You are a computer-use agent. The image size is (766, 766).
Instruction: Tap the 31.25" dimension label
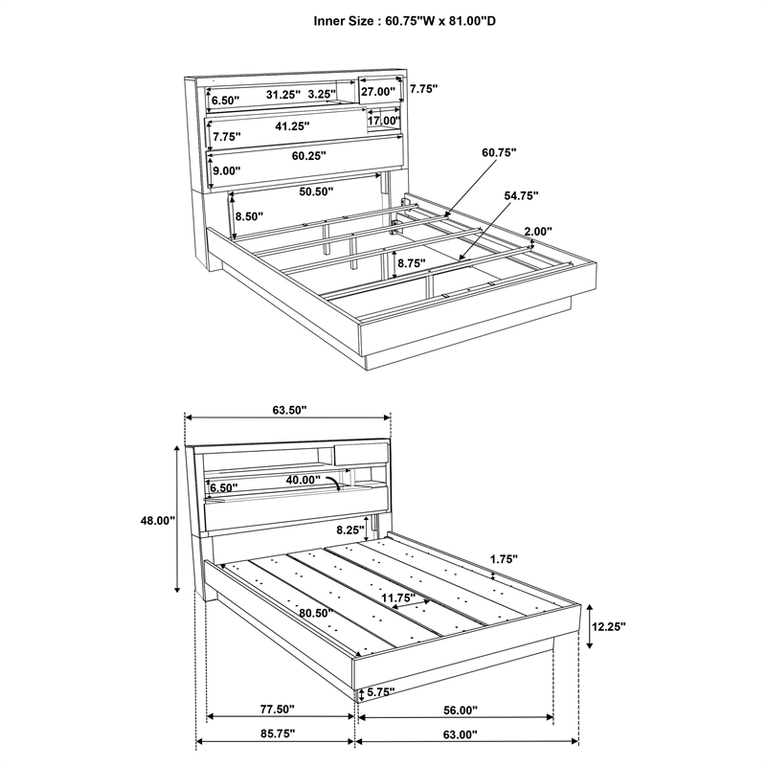[x=283, y=94]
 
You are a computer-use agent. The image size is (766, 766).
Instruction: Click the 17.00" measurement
[x=383, y=122]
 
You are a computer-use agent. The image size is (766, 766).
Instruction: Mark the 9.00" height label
[x=227, y=171]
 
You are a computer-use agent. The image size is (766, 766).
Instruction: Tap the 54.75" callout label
[x=522, y=195]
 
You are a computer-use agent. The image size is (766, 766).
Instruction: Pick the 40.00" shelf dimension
[x=304, y=480]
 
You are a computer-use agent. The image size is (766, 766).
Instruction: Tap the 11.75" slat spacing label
[x=399, y=598]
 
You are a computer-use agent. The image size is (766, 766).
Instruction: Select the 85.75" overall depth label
[x=277, y=733]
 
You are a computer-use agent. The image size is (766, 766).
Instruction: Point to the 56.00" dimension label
[x=459, y=710]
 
